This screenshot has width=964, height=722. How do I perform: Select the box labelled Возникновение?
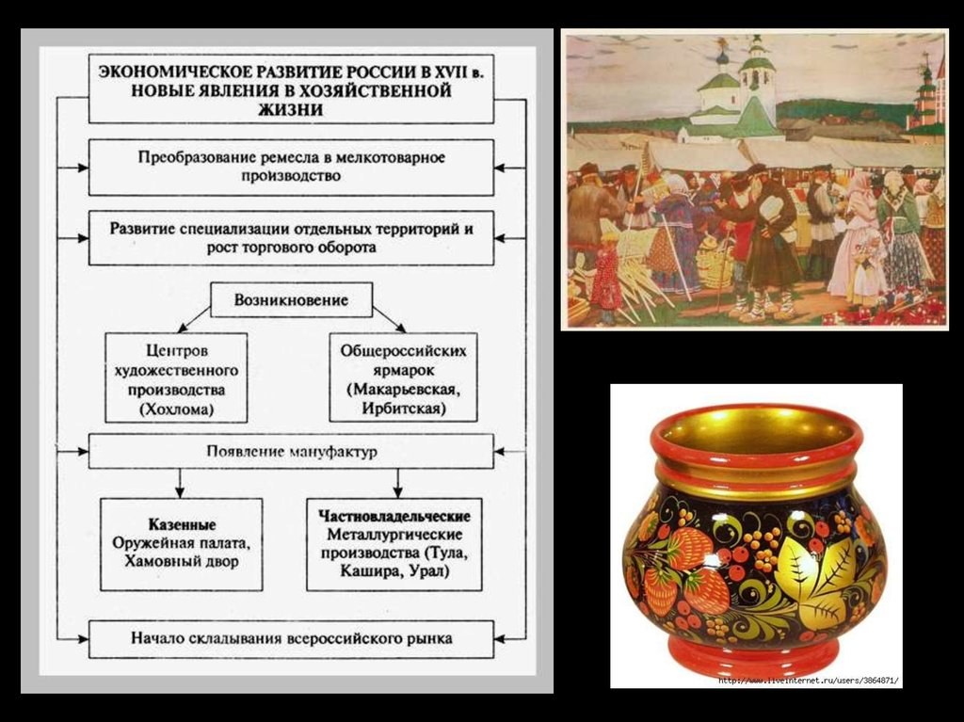(x=291, y=300)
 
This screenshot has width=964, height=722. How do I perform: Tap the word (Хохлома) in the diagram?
(x=177, y=409)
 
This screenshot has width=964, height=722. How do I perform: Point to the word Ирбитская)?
(x=403, y=409)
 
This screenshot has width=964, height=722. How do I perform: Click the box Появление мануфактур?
(x=291, y=452)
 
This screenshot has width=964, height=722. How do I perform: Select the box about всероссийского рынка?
(x=291, y=638)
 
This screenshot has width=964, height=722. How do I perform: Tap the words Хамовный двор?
(x=182, y=562)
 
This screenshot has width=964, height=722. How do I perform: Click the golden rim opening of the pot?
(x=756, y=432)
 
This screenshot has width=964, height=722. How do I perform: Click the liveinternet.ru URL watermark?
(x=809, y=680)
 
